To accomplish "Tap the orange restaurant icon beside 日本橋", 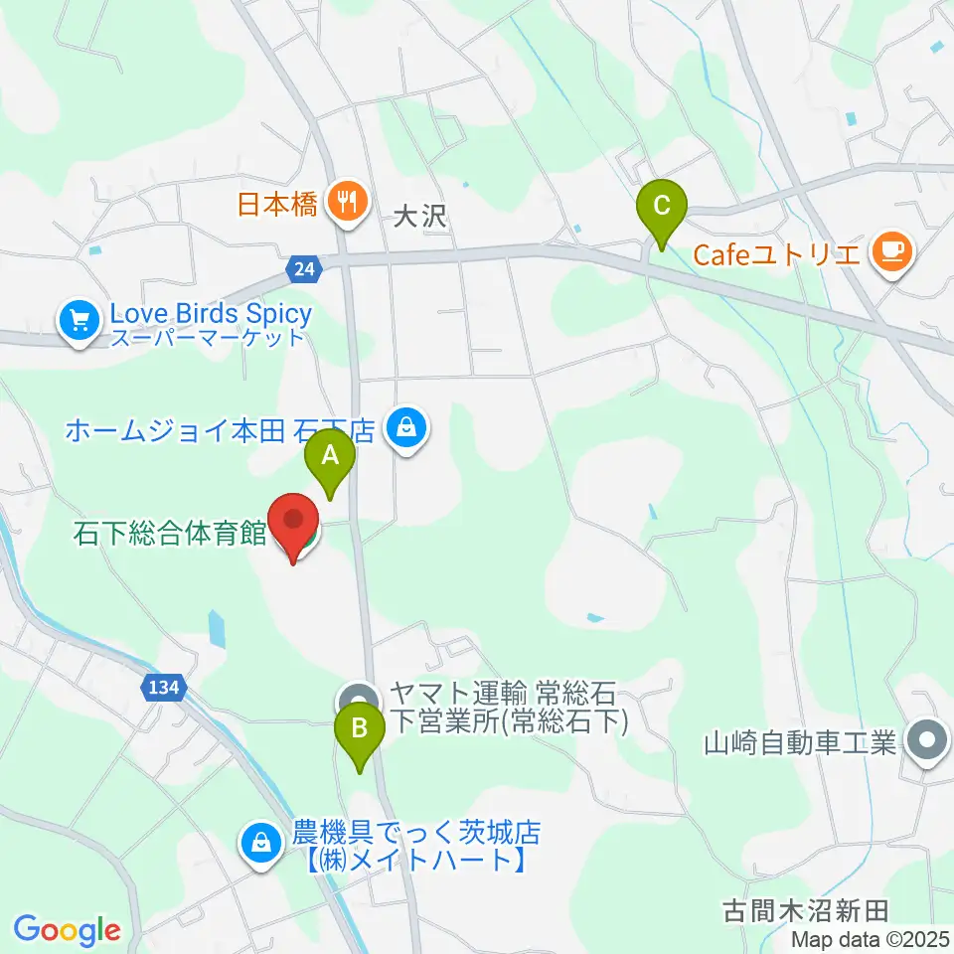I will [345, 204].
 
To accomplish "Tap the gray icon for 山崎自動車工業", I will [928, 740].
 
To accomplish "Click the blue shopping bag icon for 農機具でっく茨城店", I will [260, 843].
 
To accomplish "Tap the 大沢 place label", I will [420, 217].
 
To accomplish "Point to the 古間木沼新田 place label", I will [805, 908].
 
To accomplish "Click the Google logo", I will [67, 930].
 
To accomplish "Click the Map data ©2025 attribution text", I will [870, 938].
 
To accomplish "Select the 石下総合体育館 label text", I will [169, 534].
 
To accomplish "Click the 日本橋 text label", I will [277, 206].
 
